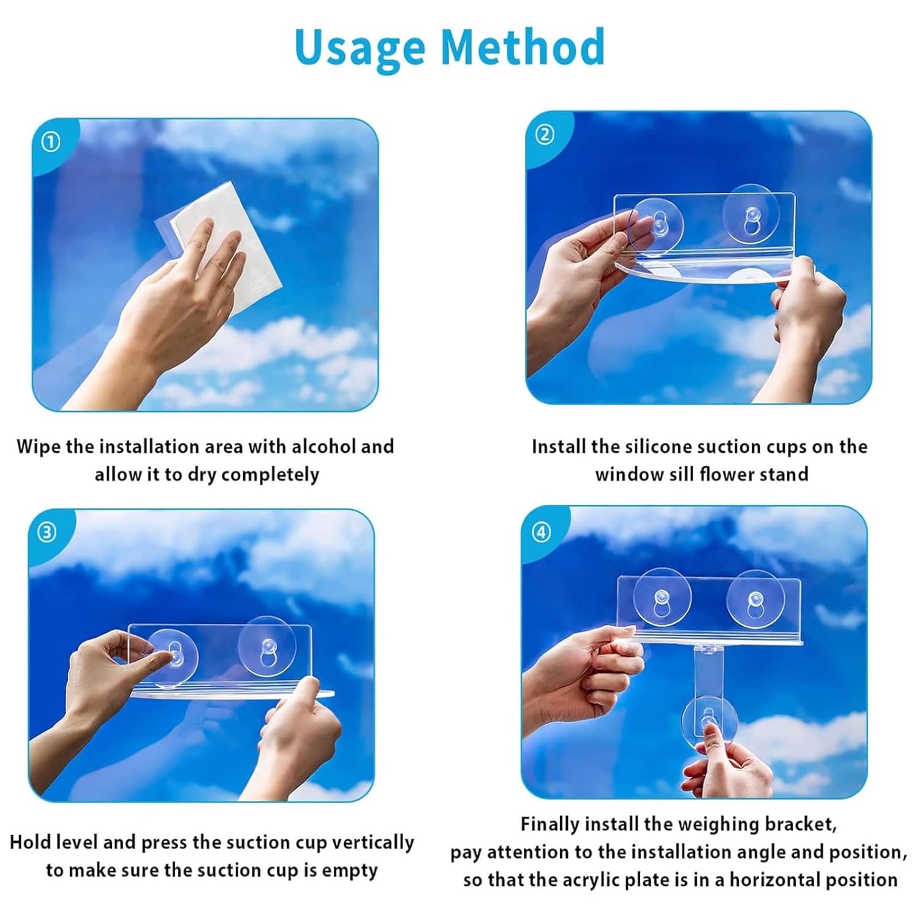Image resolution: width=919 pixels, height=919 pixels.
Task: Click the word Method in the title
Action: coord(523,47)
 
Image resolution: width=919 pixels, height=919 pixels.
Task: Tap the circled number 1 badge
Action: coord(50,143)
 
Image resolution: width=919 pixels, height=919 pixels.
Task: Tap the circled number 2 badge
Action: coord(544,135)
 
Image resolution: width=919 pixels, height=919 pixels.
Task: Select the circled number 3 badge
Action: coord(47,532)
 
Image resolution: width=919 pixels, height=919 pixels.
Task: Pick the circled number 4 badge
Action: coord(541,532)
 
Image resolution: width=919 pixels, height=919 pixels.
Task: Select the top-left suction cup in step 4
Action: coord(662,598)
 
